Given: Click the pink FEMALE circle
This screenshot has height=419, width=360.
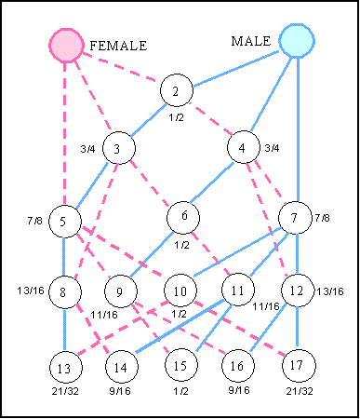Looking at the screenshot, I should tap(66, 45).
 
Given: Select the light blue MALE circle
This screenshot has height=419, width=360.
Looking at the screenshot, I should tap(296, 41).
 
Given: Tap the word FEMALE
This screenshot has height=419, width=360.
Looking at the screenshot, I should tap(118, 46).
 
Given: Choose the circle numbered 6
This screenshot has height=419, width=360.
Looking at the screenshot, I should tap(184, 217).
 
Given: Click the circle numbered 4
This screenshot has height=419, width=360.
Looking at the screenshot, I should tap(243, 148).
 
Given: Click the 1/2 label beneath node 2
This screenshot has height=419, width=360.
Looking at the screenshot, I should tap(176, 117).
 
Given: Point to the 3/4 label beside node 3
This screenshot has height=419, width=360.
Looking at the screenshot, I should tap(87, 148).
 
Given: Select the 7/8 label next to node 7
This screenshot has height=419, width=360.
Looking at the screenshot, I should tap(322, 218).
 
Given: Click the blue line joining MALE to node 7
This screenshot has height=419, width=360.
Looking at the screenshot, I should tap(296, 130).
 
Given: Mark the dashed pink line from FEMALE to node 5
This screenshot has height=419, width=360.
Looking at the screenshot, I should tap(65, 130).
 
